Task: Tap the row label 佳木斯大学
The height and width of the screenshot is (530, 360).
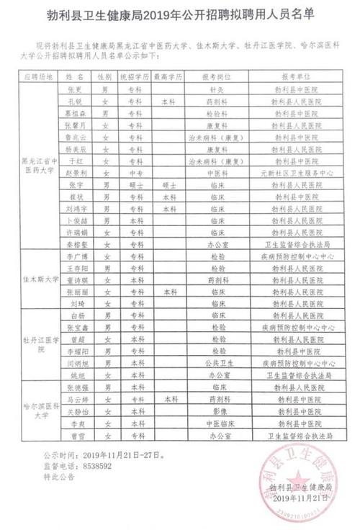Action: point(40,279)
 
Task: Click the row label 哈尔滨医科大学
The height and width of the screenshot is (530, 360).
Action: point(40,410)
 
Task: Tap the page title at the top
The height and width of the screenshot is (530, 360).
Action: point(179,14)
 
